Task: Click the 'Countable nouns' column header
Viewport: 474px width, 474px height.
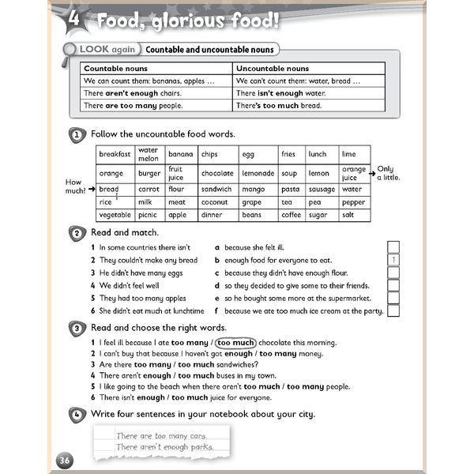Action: click(x=111, y=69)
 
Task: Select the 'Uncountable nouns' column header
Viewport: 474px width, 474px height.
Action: click(x=273, y=69)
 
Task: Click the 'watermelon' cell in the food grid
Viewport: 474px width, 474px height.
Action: click(x=149, y=154)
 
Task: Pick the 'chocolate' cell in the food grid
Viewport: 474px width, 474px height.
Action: click(x=216, y=173)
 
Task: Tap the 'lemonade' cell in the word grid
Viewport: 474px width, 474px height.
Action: click(x=258, y=173)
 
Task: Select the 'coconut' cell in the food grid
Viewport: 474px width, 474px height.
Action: click(x=216, y=201)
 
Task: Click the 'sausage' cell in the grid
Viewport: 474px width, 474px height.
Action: click(x=322, y=190)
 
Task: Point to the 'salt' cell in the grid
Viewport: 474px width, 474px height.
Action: click(x=348, y=214)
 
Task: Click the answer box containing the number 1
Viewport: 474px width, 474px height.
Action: click(x=393, y=260)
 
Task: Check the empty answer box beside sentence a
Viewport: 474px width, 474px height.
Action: click(x=393, y=247)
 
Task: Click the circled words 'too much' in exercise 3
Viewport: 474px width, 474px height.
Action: click(x=235, y=343)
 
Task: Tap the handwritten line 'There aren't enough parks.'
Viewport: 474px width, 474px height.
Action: click(x=164, y=446)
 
